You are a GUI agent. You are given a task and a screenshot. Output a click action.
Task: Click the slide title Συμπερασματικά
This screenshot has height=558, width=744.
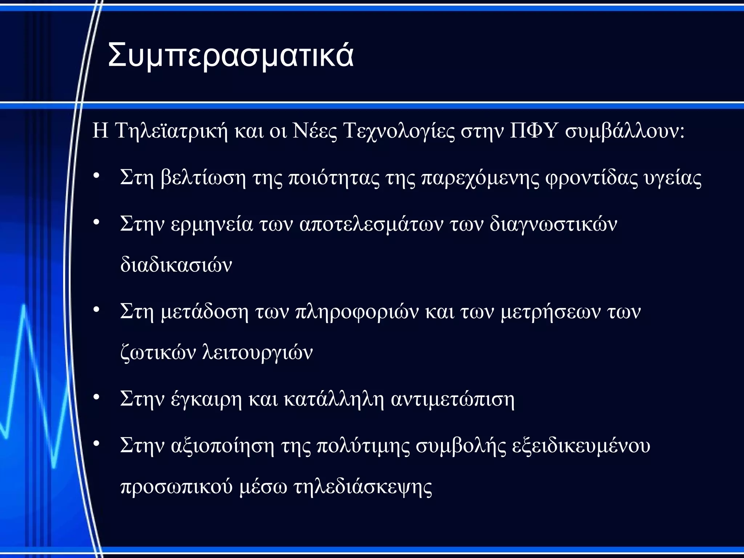click(231, 55)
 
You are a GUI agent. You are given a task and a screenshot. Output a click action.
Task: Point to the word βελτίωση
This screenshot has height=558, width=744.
click(203, 178)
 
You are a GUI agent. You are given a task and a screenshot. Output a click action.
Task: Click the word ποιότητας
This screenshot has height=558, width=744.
click(334, 178)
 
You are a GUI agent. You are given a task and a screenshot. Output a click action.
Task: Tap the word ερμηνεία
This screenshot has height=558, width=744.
click(211, 224)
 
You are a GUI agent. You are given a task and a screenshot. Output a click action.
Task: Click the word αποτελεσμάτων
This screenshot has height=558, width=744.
click(371, 225)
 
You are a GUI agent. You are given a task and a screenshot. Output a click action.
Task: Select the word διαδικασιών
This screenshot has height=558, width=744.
click(176, 264)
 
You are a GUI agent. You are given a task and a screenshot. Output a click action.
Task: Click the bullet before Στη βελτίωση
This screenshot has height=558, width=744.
click(96, 176)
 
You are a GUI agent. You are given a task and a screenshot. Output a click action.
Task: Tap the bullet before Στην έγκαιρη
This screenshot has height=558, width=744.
click(96, 397)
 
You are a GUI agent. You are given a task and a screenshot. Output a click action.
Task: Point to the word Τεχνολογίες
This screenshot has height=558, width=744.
click(399, 132)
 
